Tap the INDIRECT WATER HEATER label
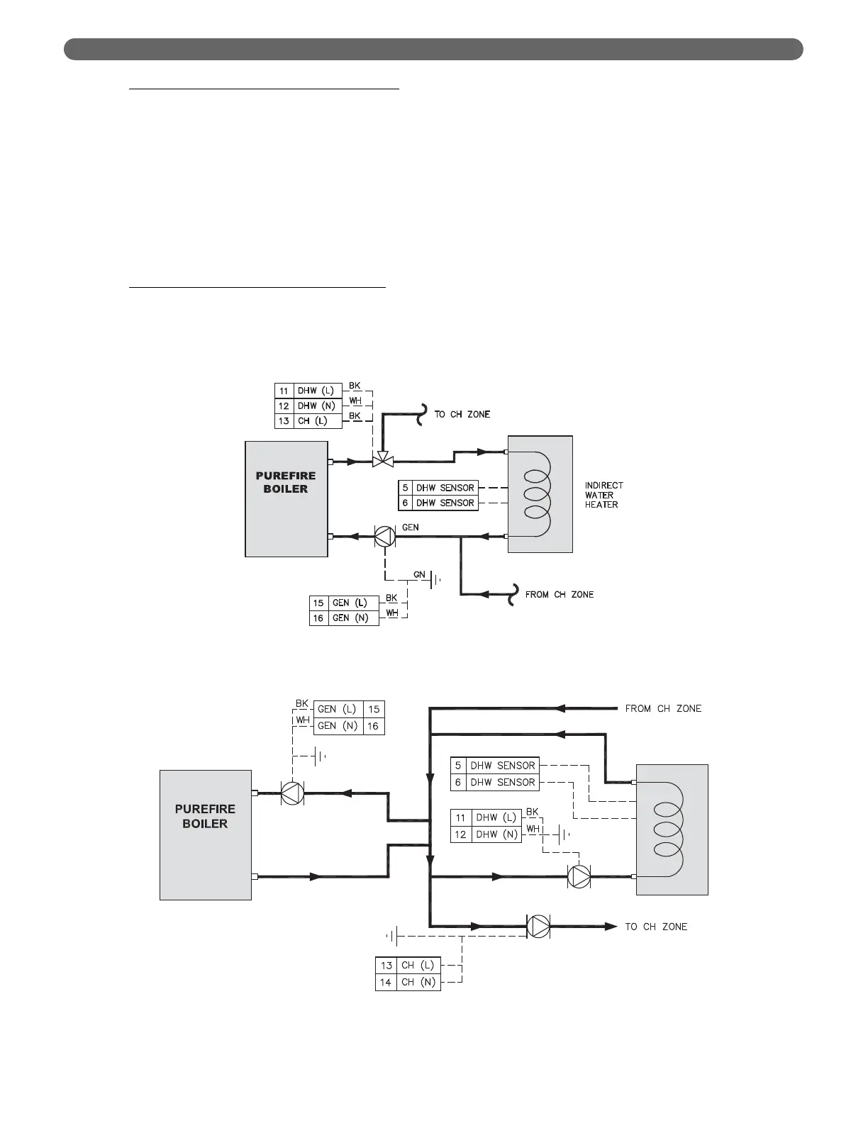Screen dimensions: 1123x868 tap(603, 495)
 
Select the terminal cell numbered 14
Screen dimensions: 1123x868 tap(386, 982)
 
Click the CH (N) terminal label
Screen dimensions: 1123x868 tap(418, 982)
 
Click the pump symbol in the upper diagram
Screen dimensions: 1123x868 tap(384, 537)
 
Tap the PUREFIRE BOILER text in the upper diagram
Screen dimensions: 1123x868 tap(286, 482)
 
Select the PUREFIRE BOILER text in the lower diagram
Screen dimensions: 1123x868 tap(205, 816)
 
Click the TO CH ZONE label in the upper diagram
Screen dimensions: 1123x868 tap(462, 414)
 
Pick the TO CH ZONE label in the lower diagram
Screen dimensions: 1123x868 tap(656, 927)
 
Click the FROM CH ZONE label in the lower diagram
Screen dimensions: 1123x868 tap(663, 708)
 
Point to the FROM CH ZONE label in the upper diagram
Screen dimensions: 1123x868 tap(560, 594)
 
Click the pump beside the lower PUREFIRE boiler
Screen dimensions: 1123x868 tap(292, 793)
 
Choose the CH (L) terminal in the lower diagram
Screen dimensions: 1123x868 tap(418, 965)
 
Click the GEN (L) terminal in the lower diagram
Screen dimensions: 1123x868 tap(338, 709)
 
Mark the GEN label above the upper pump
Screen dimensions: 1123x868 tap(411, 527)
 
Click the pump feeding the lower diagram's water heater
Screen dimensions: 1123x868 tap(579, 877)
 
